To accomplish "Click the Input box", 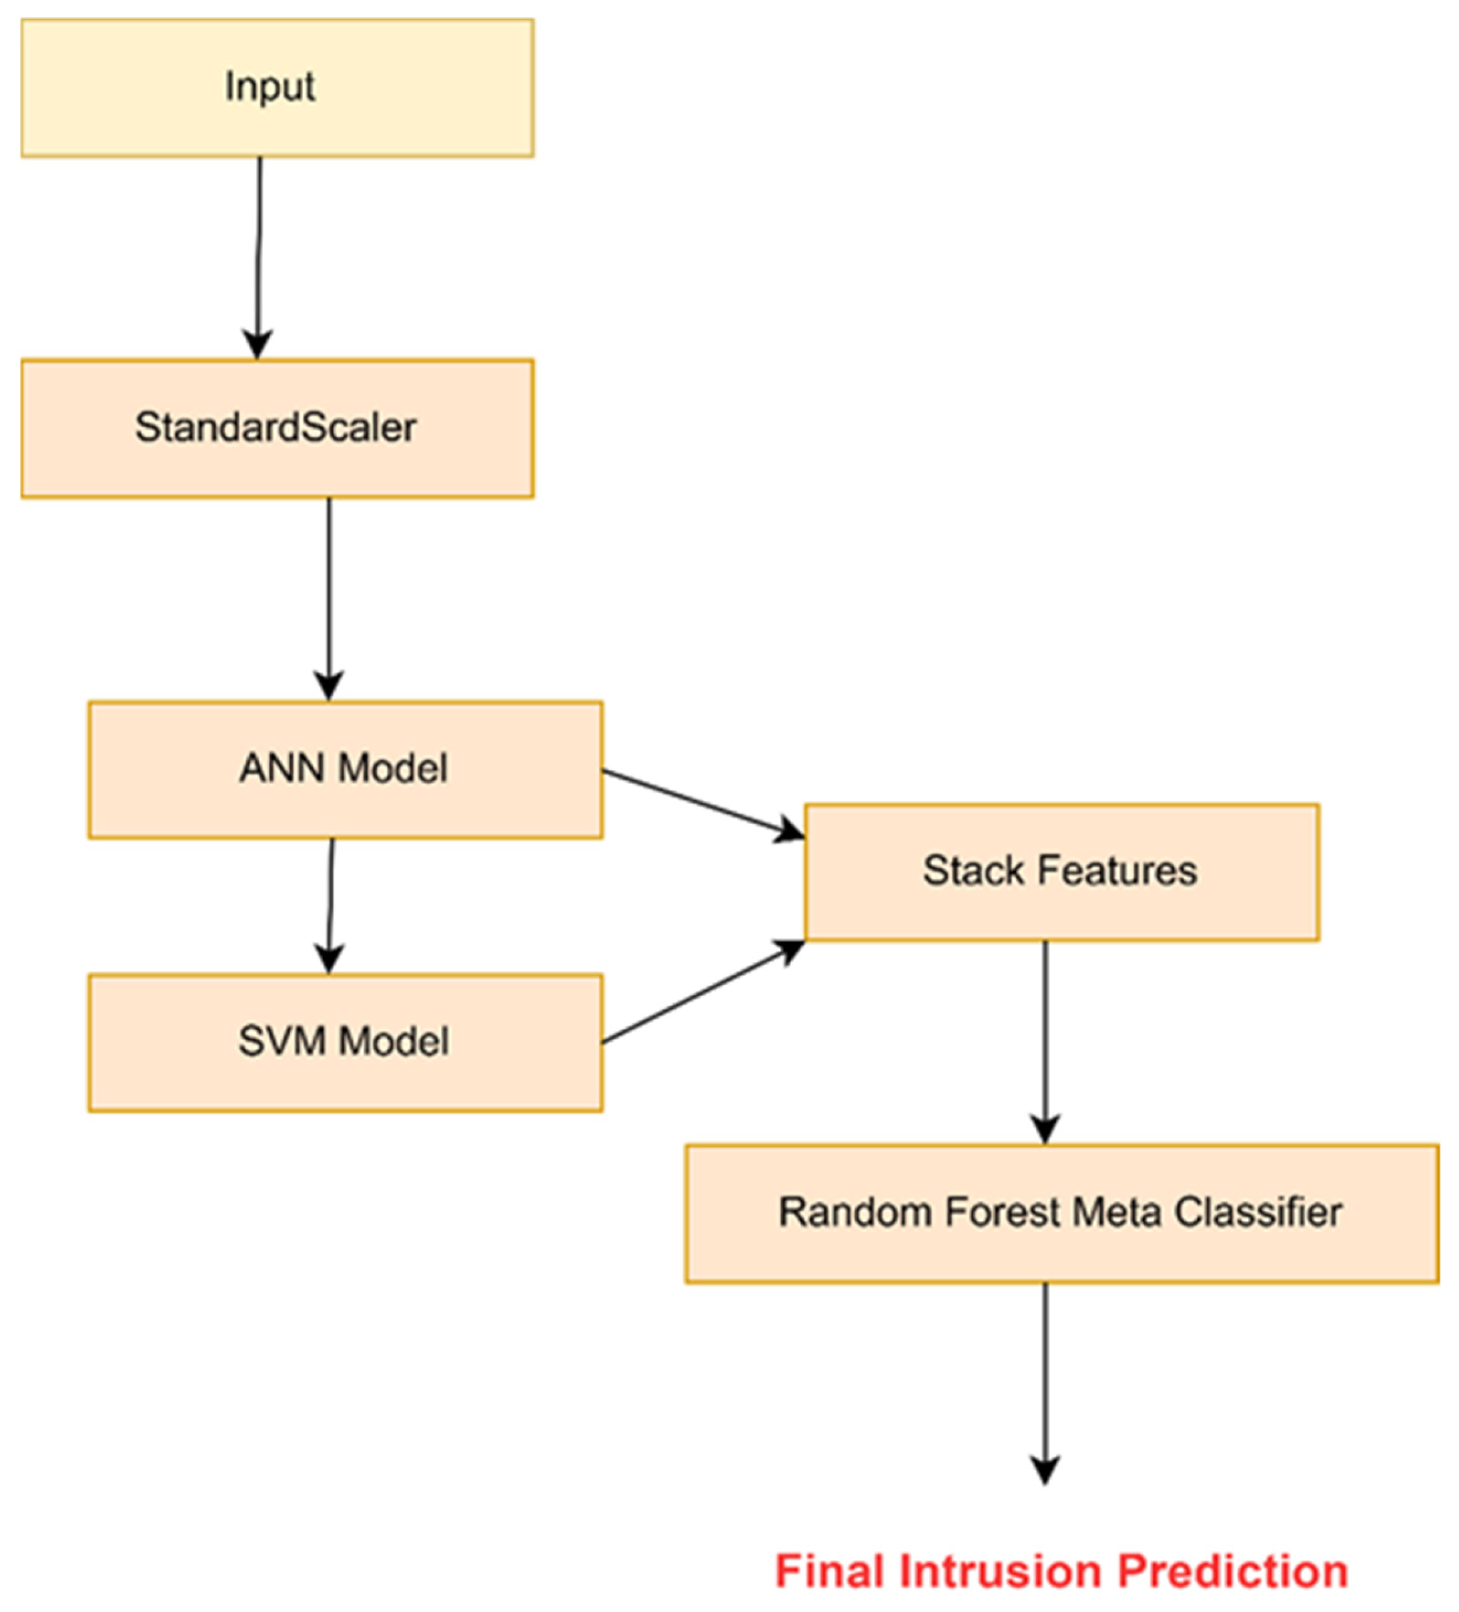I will [277, 88].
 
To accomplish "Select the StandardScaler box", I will [277, 428].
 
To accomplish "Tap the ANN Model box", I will [346, 770].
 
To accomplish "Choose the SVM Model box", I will [346, 1043].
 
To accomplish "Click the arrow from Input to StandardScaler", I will [258, 256].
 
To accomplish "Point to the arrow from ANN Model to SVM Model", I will [330, 903].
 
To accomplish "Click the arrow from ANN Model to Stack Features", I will [702, 803].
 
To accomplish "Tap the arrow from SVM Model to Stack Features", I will [702, 992].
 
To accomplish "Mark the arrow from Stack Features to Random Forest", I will [1045, 1040].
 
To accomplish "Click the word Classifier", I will [1258, 1212].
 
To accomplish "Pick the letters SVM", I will [282, 1042].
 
